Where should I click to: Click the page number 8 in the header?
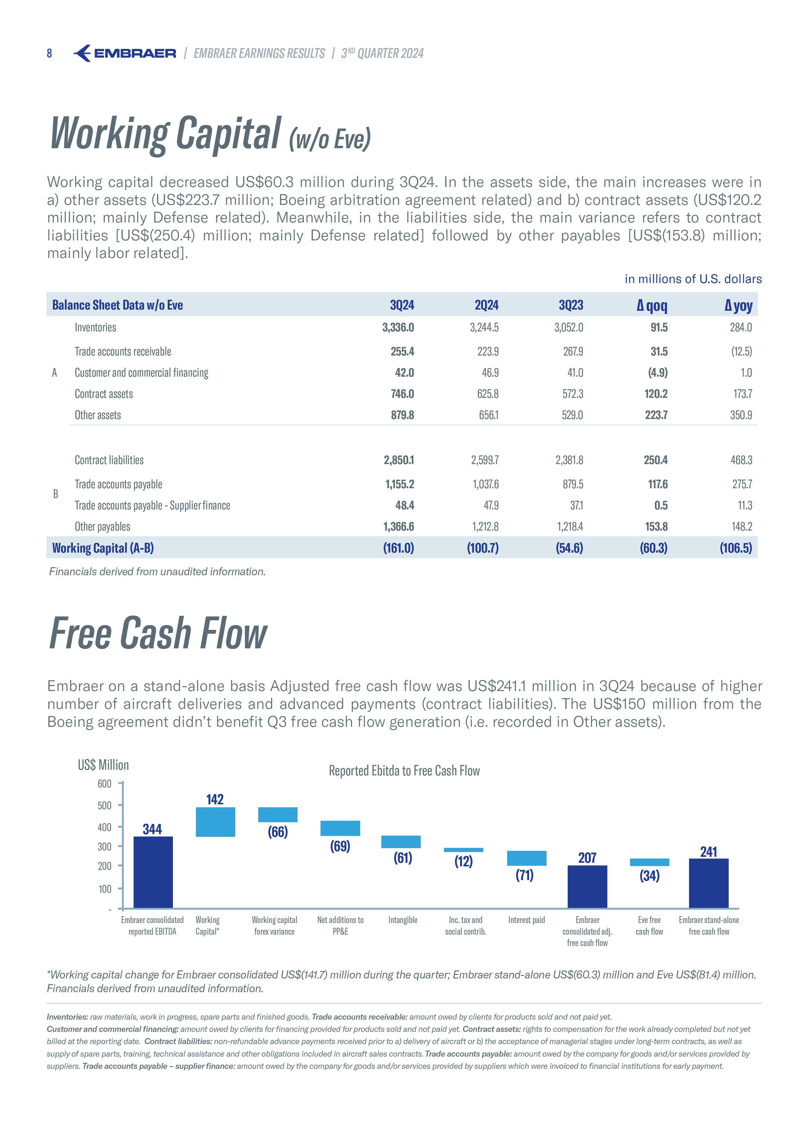pyautogui.click(x=49, y=53)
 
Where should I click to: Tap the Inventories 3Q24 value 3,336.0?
pyautogui.click(x=398, y=327)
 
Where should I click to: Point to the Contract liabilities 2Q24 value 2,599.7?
pyautogui.click(x=485, y=460)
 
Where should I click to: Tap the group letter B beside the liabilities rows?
pyautogui.click(x=55, y=494)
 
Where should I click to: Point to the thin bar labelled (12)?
pyautogui.click(x=463, y=850)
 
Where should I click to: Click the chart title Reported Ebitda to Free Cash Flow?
pyautogui.click(x=404, y=771)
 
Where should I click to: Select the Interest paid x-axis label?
pyautogui.click(x=526, y=920)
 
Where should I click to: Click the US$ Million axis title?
pyautogui.click(x=103, y=765)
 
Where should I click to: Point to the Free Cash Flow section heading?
pyautogui.click(x=158, y=633)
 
